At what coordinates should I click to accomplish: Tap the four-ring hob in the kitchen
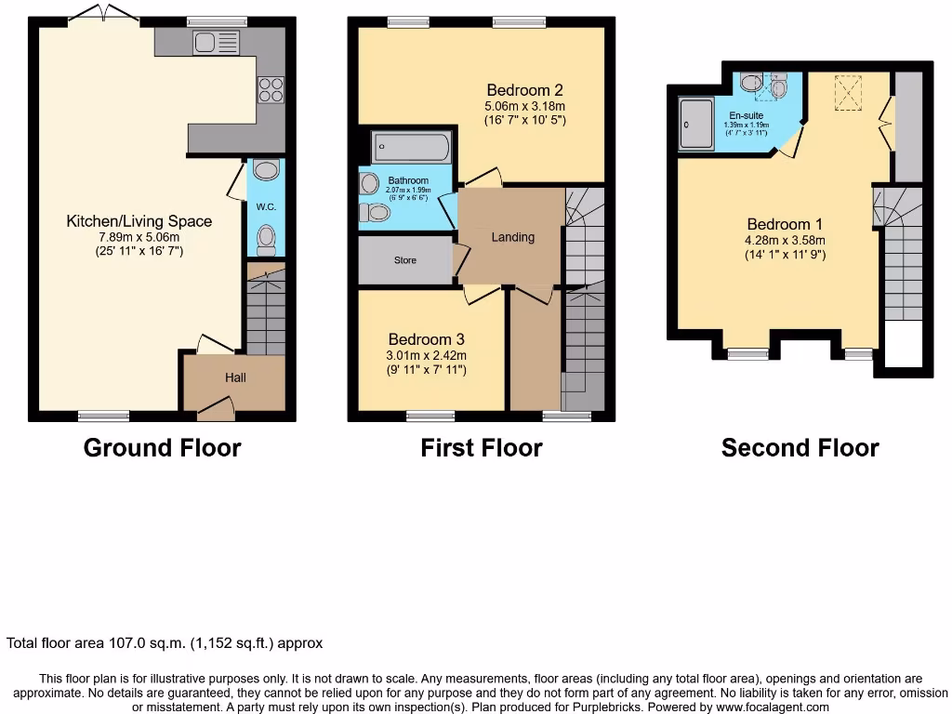point(270,89)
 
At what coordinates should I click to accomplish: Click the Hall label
point(235,378)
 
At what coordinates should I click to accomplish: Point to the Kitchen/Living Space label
point(139,221)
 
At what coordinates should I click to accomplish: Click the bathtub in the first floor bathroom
point(411,148)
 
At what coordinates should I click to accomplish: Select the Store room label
point(405,260)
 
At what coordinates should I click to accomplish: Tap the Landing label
point(513,237)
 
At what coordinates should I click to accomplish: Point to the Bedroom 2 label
point(525,90)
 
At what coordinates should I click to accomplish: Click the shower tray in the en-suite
point(696,123)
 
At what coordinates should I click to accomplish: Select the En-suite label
point(746,115)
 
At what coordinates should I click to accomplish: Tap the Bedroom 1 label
point(779,224)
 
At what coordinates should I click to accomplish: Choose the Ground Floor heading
point(162,448)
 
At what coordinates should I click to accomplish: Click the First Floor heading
point(481,448)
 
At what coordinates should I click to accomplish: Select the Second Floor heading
point(800,448)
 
